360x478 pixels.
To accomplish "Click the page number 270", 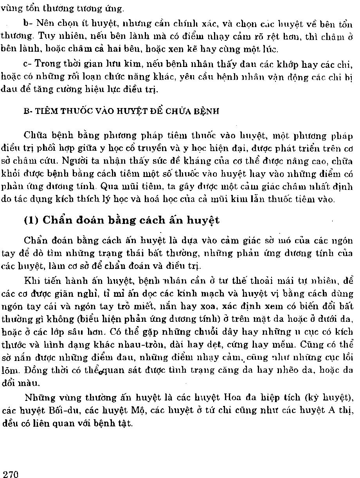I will point(11,474).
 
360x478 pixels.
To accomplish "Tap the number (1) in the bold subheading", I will point(31,220).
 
